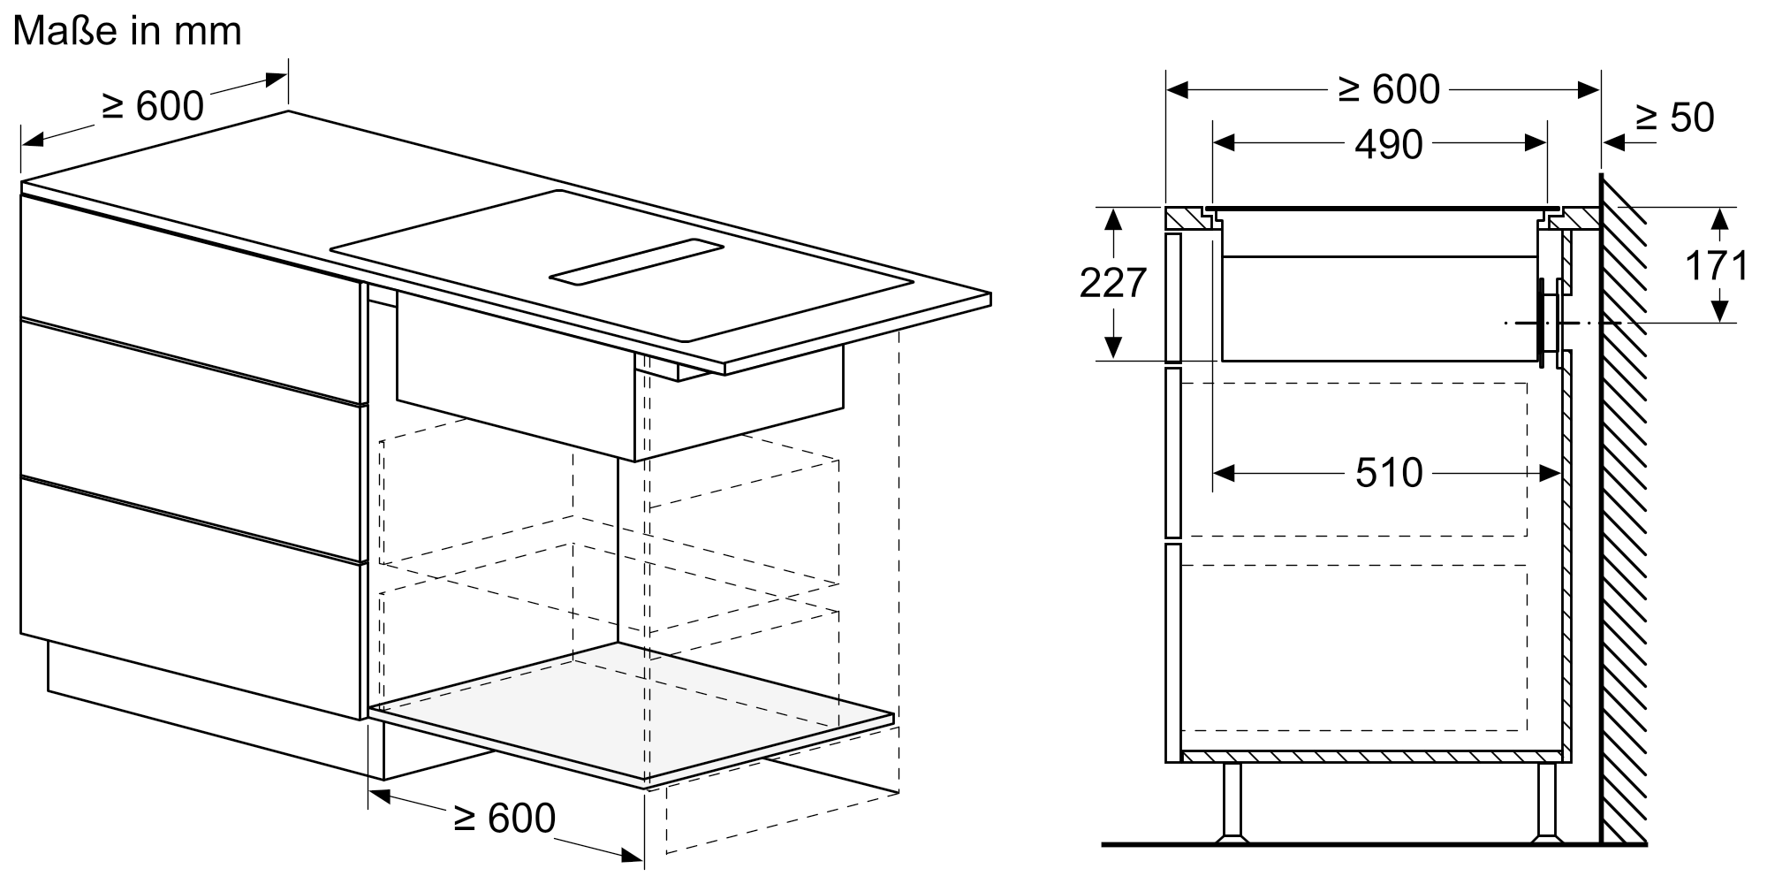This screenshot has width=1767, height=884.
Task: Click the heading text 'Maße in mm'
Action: coord(127,31)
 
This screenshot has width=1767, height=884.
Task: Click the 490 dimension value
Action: coord(1389,144)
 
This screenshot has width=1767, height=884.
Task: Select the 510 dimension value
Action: coord(1389,473)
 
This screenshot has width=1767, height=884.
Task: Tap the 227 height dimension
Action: coord(1113,283)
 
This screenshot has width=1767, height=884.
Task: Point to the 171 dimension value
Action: coord(1717,265)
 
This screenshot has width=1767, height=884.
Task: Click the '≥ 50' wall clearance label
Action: coord(1674,118)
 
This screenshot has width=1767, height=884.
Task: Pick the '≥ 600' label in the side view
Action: coord(1389,89)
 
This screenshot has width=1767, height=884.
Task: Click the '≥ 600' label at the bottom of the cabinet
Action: coord(504,818)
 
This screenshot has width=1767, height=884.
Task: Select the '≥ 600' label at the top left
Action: coord(153,106)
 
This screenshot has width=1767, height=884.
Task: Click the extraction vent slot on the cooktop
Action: coord(636,262)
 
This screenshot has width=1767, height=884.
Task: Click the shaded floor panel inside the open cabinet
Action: coord(632,711)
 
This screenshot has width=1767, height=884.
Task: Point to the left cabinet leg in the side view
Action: coord(1231,801)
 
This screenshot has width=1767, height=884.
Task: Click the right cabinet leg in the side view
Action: coord(1546,801)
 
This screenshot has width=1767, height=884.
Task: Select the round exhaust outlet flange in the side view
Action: coord(1546,322)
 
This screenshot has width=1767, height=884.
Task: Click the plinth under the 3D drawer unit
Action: coord(208,707)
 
